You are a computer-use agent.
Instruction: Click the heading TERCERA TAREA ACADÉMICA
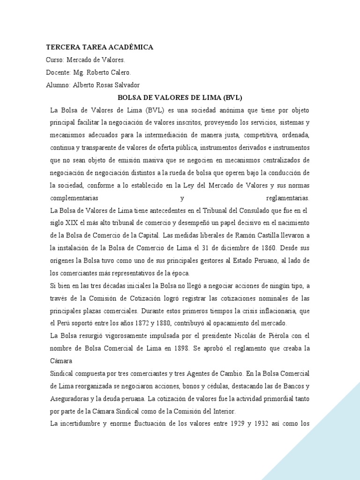tap(99, 47)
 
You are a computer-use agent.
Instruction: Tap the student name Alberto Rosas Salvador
tap(106, 85)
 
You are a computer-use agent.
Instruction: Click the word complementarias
tap(78, 197)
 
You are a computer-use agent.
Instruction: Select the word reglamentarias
tap(287, 197)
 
